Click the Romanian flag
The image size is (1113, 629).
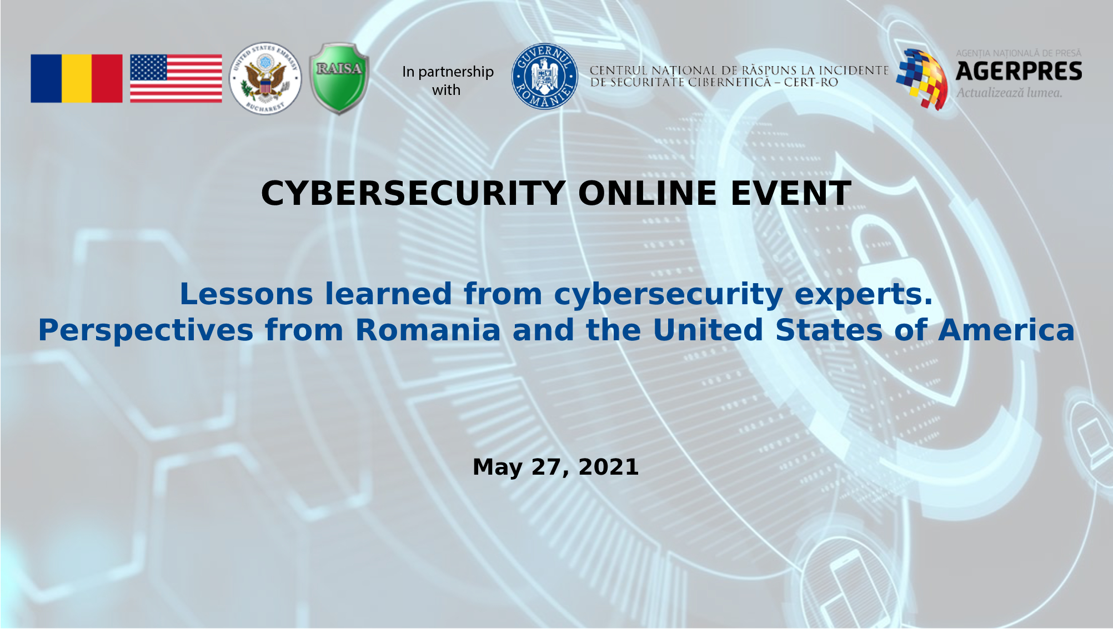(77, 78)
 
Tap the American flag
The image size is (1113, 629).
(176, 78)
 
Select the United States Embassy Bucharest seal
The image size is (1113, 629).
(265, 78)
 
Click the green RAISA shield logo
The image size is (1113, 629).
(339, 78)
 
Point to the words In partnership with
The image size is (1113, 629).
(448, 80)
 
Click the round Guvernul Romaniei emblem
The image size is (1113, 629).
(544, 77)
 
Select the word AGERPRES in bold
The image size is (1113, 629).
(1019, 72)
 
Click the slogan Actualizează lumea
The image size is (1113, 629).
(1009, 93)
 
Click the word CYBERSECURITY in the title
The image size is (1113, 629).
(413, 194)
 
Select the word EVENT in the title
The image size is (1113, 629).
(791, 194)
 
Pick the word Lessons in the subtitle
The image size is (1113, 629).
(246, 294)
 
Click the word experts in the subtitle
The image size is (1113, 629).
(863, 295)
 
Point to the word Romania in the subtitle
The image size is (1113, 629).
(428, 330)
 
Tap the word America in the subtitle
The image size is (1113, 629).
(1006, 330)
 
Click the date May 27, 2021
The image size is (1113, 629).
(555, 467)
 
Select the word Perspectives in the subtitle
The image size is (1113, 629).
(146, 331)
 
